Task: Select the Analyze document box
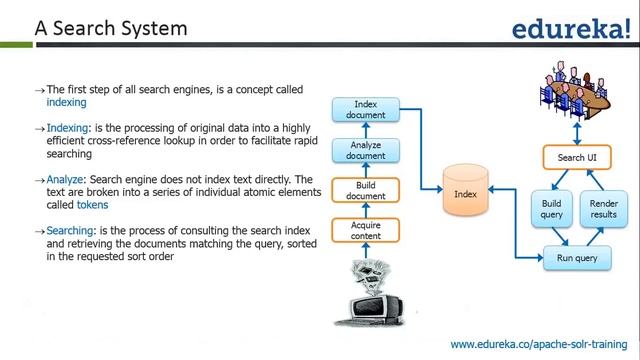coord(365,151)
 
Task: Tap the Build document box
coord(365,190)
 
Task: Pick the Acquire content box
coord(365,231)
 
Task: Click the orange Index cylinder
coord(465,191)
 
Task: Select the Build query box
coord(552,210)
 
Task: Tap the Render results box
coord(604,210)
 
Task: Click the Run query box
coord(576,259)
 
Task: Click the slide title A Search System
coord(111,29)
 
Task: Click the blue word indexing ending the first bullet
coord(67,102)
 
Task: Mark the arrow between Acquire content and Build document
coord(365,211)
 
